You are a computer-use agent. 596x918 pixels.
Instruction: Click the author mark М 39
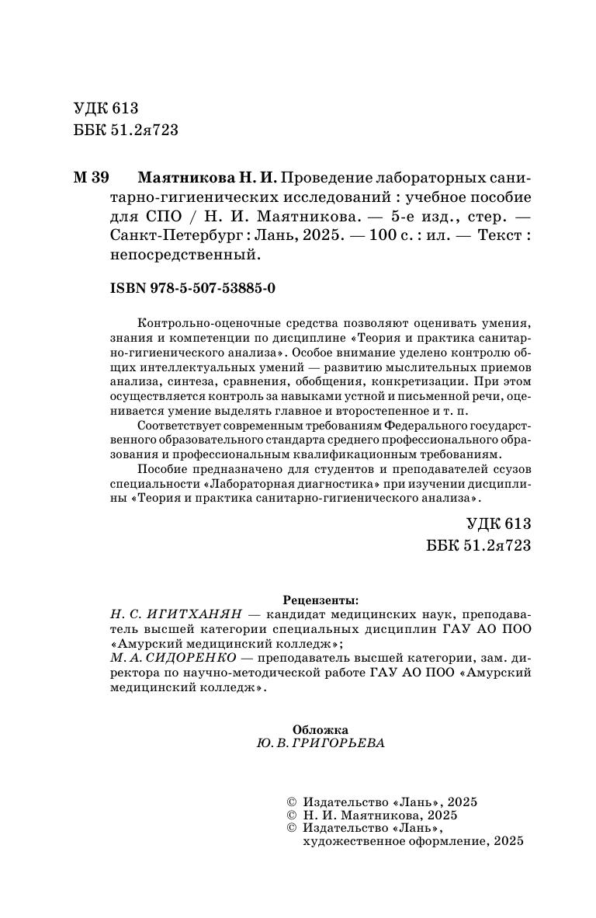tap(92, 178)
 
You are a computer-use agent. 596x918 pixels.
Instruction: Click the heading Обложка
tap(321, 729)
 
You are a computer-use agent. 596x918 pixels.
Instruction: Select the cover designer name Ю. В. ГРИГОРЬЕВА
tap(320, 743)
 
